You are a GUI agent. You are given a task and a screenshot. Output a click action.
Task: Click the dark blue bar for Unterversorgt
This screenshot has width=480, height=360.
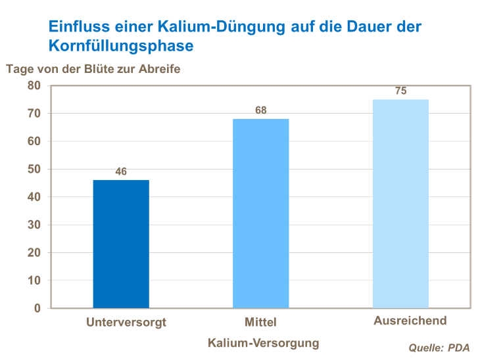tap(121, 244)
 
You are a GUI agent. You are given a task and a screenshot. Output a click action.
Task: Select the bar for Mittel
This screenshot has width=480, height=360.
tap(261, 214)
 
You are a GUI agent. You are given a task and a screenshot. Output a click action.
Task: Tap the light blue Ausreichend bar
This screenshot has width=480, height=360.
tap(400, 204)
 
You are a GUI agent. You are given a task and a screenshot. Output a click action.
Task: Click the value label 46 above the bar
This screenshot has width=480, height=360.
tap(121, 172)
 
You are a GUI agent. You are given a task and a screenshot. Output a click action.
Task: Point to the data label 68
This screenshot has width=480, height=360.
tap(261, 110)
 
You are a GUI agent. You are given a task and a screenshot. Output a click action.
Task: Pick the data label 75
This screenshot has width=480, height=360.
tap(400, 91)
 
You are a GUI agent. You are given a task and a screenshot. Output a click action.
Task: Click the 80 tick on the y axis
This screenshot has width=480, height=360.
tap(34, 86)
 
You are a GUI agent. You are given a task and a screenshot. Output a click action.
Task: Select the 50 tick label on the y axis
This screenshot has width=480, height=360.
tap(34, 169)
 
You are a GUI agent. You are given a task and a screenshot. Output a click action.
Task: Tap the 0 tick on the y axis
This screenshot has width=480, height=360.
tap(37, 308)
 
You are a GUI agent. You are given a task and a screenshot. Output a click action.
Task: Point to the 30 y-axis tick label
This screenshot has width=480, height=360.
tap(34, 225)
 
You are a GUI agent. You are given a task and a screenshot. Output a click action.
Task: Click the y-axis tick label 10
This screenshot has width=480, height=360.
tap(34, 281)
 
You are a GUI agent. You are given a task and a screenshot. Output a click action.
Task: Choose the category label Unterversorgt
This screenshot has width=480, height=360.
tap(126, 323)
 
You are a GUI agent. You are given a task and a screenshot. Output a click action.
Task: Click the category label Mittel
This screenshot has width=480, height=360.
tap(260, 323)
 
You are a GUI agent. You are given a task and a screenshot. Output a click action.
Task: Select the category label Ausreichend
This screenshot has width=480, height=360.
tap(410, 321)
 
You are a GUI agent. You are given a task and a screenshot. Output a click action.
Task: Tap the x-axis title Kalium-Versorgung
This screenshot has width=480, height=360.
tap(263, 343)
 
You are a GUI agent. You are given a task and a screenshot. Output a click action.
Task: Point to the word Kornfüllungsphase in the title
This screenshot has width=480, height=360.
tap(121, 46)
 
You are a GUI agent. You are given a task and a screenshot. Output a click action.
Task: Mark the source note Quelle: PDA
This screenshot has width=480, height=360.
tap(439, 348)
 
